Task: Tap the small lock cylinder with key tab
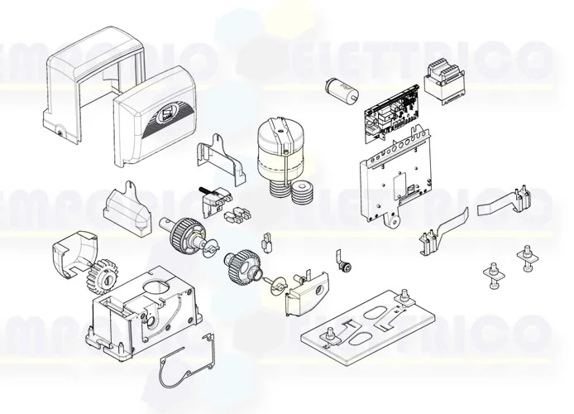point(347,263)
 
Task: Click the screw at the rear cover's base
point(59,129)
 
